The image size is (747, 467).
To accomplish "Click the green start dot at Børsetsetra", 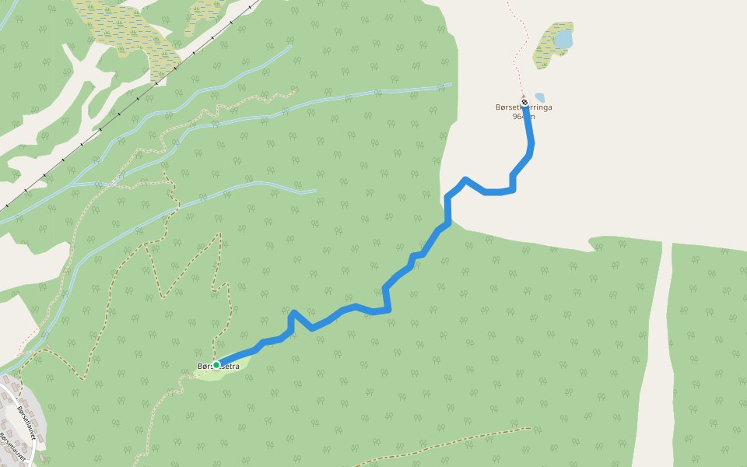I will [216, 364].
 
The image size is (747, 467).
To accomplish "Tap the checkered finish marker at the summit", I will [525, 102].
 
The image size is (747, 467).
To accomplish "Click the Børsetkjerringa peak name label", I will [524, 108].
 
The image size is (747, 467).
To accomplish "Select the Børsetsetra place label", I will [219, 366].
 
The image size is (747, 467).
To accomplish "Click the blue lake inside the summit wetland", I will [563, 39].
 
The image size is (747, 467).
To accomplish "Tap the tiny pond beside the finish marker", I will [539, 97].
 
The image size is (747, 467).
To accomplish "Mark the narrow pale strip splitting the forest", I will [656, 350].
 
